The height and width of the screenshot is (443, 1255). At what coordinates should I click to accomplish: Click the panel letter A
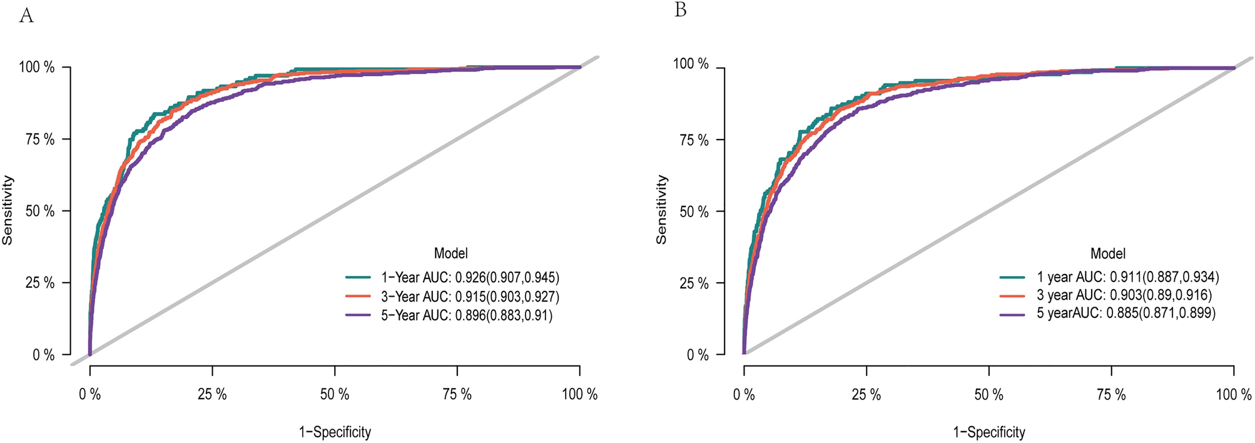[26, 16]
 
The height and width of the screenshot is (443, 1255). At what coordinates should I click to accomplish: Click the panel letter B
[681, 11]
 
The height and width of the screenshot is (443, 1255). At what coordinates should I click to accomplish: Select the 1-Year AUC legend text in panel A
[470, 277]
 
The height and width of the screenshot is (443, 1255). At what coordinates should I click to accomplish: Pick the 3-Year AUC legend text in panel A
[470, 297]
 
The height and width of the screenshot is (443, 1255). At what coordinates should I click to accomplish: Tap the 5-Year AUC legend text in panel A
[467, 315]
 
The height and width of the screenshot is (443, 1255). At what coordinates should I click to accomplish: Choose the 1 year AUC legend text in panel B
[1127, 277]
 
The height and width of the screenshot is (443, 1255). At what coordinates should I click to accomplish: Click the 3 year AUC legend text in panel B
[1124, 295]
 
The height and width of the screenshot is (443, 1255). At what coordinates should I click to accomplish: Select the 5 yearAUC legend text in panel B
[1125, 313]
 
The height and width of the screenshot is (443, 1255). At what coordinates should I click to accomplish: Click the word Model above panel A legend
[450, 253]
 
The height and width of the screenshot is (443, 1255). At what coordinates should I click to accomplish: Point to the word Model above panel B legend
[1107, 253]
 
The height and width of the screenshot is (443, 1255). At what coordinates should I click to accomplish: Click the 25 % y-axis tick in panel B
[694, 283]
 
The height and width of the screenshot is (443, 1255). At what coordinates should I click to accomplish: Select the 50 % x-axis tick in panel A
[335, 395]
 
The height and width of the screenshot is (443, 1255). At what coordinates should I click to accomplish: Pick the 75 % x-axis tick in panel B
[1111, 395]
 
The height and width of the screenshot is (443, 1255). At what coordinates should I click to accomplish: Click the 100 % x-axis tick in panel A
[579, 395]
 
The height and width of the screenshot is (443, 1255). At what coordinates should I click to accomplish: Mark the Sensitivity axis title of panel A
[8, 210]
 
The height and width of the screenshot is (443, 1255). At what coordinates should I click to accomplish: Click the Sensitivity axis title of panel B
[662, 210]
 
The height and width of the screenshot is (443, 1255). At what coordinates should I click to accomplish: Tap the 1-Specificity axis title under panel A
[335, 432]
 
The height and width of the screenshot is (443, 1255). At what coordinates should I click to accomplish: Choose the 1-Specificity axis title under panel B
[988, 432]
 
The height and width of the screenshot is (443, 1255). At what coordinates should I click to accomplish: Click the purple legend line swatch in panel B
[1012, 313]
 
